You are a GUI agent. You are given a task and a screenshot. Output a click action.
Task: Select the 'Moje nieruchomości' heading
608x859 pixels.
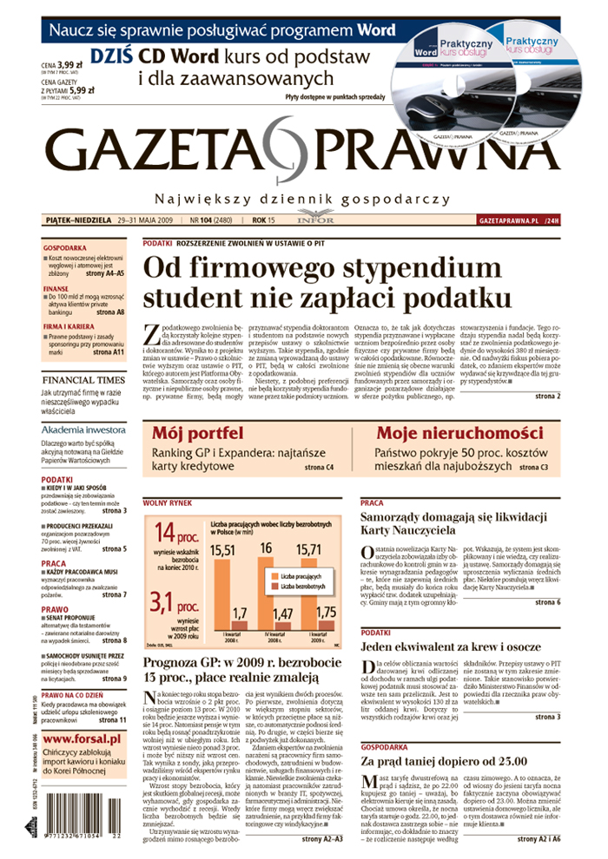click(459, 433)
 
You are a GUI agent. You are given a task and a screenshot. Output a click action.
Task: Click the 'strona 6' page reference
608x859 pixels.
click(546, 601)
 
